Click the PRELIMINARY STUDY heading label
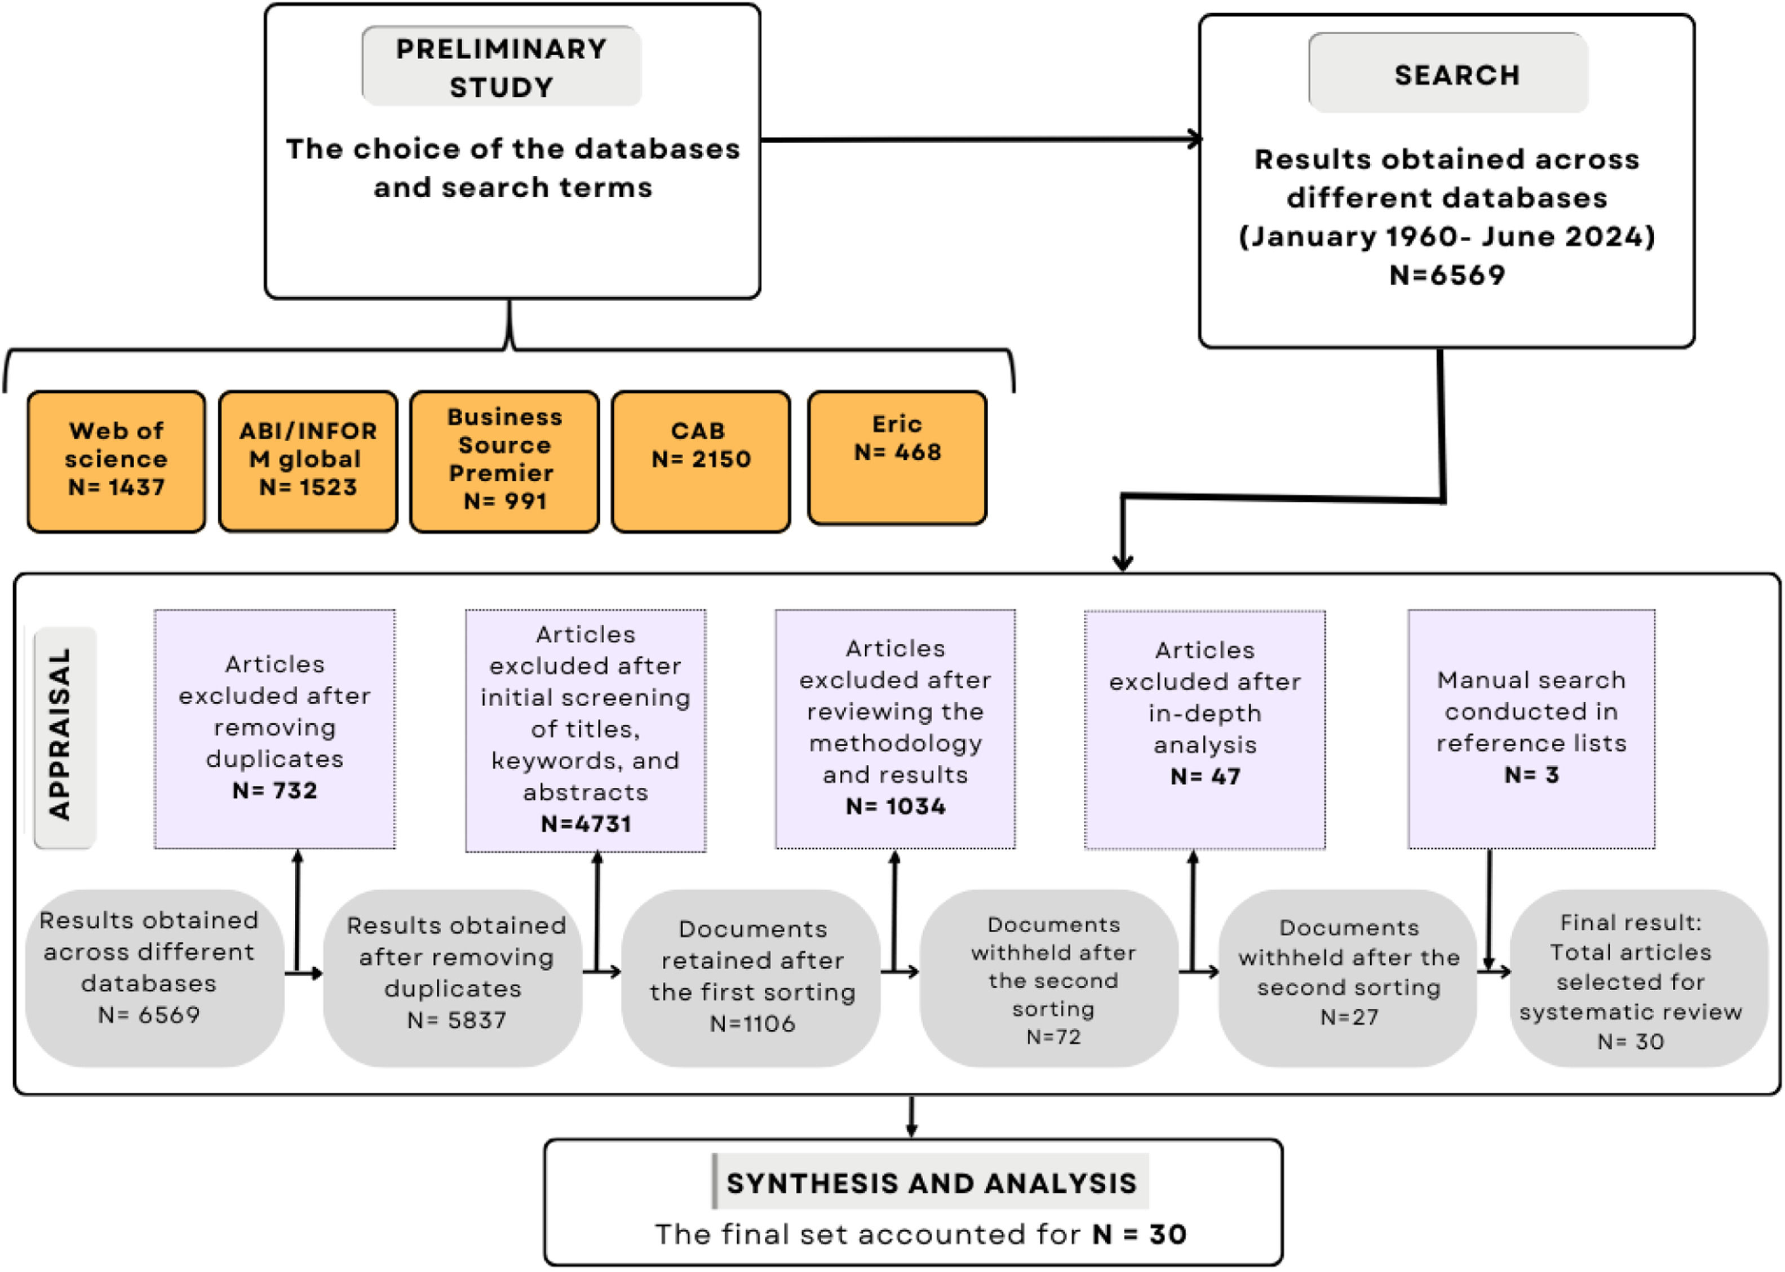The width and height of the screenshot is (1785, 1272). pos(501,68)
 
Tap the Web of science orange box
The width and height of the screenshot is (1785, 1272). pos(116,460)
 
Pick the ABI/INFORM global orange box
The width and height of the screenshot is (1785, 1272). pos(308,460)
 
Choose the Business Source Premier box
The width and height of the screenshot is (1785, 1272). pos(504,460)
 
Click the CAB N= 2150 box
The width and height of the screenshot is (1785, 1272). pos(700,460)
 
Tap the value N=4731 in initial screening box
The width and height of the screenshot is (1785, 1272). pos(586,823)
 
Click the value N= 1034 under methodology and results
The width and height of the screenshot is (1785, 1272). pos(895,806)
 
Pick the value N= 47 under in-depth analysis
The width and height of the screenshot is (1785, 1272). pos(1204,776)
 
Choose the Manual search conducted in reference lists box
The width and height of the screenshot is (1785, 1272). pos(1531,728)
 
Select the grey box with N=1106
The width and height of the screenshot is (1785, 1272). pos(752,977)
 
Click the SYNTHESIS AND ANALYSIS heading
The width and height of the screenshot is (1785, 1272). pos(931,1183)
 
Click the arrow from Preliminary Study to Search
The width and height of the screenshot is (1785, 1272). pos(979,140)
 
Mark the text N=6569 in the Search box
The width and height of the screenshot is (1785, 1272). pos(1447,275)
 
